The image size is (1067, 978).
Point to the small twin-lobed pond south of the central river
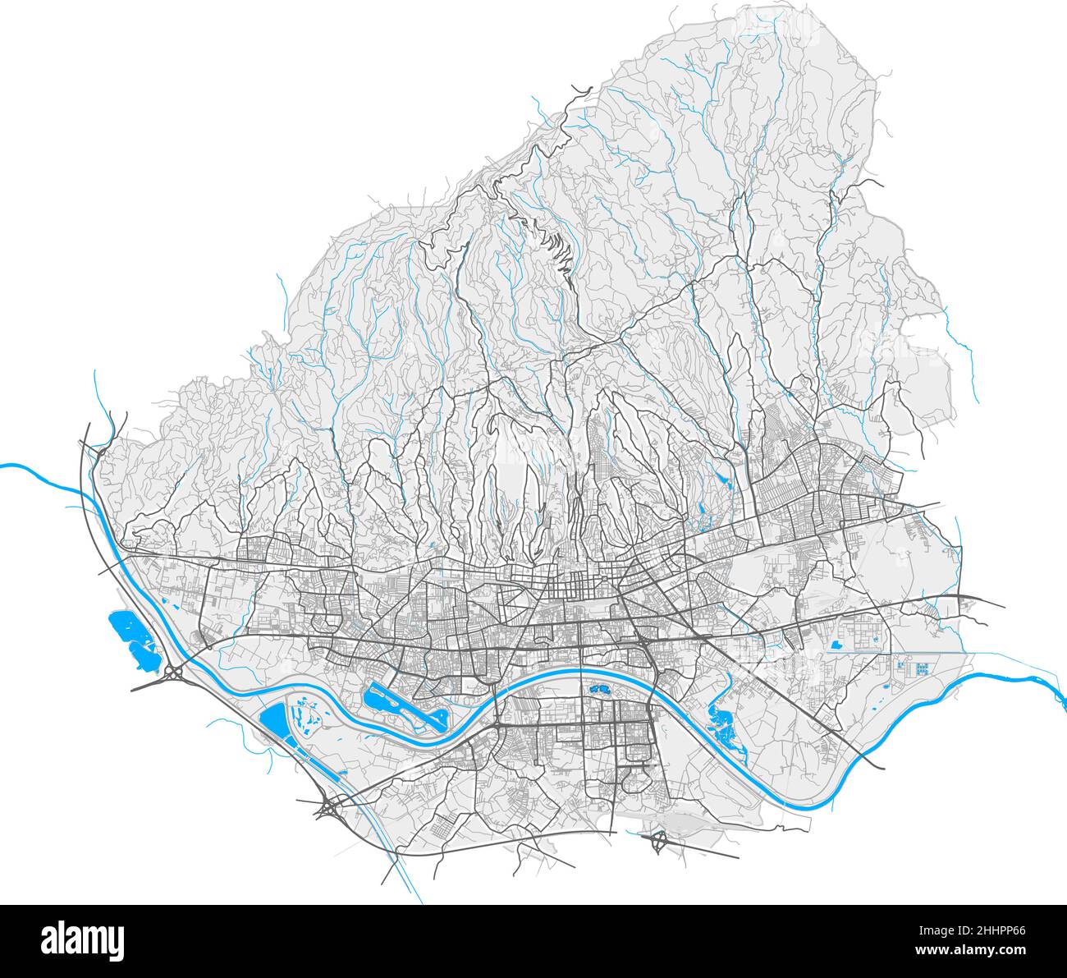click(x=598, y=691)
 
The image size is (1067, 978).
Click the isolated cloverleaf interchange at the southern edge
click(x=658, y=842)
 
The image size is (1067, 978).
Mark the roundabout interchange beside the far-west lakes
click(x=173, y=673)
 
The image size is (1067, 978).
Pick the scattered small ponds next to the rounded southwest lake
click(x=305, y=714)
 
